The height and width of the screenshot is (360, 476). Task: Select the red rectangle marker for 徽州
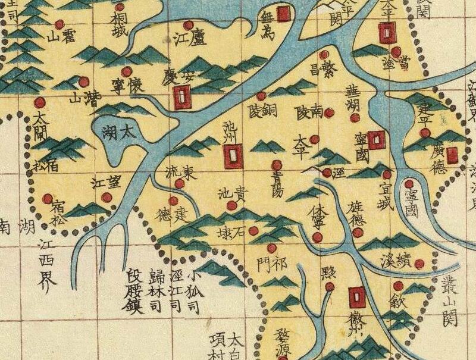(x=357, y=296)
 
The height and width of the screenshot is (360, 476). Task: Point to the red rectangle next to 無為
(x=284, y=12)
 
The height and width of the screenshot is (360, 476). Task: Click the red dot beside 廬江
(x=189, y=25)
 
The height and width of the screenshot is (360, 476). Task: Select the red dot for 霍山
(x=59, y=24)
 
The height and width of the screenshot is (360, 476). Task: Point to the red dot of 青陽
(x=275, y=164)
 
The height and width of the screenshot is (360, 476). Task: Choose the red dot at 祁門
(x=272, y=248)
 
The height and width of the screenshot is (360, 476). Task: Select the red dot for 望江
(x=107, y=197)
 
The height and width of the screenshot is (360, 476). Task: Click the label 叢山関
(x=447, y=303)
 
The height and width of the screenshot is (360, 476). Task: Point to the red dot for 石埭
(x=253, y=230)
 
